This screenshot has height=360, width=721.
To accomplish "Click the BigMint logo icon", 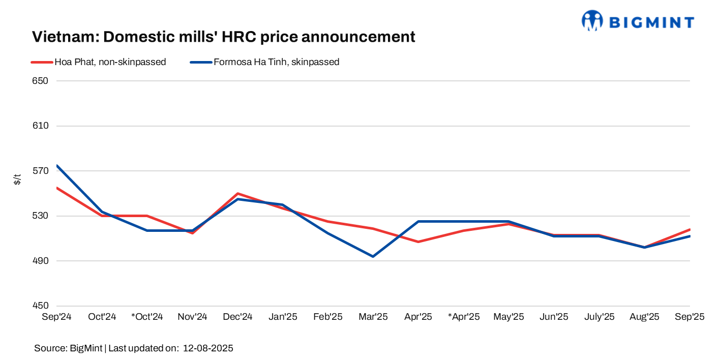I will pyautogui.click(x=592, y=20).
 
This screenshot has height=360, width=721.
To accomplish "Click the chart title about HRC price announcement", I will pyautogui.click(x=224, y=37).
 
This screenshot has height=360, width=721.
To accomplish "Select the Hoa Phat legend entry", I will pyautogui.click(x=99, y=62).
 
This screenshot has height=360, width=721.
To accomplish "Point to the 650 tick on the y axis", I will pyautogui.click(x=41, y=81).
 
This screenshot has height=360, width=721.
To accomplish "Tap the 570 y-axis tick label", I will pyautogui.click(x=41, y=171).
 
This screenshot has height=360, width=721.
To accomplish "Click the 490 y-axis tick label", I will pyautogui.click(x=41, y=261).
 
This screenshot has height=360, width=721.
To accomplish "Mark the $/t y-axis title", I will pyautogui.click(x=17, y=179).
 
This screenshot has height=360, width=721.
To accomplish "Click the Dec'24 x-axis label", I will pyautogui.click(x=237, y=317).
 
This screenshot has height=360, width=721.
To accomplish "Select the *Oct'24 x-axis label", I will pyautogui.click(x=147, y=317).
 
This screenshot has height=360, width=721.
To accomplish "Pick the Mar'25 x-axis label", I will pyautogui.click(x=373, y=317).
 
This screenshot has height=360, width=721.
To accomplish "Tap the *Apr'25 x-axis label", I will pyautogui.click(x=464, y=317).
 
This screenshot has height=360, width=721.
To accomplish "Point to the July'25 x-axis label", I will pyautogui.click(x=599, y=317).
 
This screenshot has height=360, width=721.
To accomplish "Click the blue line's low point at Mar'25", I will pyautogui.click(x=373, y=256).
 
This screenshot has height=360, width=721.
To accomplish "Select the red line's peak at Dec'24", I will pyautogui.click(x=237, y=194).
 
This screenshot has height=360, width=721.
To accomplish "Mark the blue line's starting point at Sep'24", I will pyautogui.click(x=57, y=166).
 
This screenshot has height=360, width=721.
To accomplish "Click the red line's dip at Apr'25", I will pyautogui.click(x=418, y=242).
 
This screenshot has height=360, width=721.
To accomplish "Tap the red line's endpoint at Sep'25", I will pyautogui.click(x=689, y=229).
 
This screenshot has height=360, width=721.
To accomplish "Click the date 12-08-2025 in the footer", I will pyautogui.click(x=208, y=348).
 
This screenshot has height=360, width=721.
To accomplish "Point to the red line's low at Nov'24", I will pyautogui.click(x=192, y=233).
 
